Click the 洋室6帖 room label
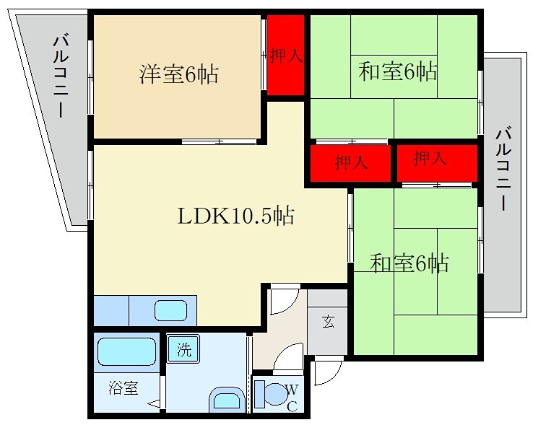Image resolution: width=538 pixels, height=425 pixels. pyautogui.click(x=179, y=74)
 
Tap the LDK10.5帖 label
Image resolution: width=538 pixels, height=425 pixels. pyautogui.click(x=235, y=216)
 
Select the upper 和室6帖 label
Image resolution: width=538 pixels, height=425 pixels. pyautogui.click(x=398, y=72)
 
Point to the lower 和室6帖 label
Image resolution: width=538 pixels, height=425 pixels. pyautogui.click(x=409, y=263)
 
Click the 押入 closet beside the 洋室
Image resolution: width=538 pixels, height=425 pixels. pyautogui.click(x=285, y=56)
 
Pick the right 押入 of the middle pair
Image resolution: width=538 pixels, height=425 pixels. pyautogui.click(x=431, y=159)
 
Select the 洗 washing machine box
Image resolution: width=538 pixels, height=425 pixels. pyautogui.click(x=183, y=351)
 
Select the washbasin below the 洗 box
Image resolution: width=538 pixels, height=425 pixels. pyautogui.click(x=227, y=399)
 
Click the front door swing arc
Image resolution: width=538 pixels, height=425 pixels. pyautogui.click(x=324, y=372)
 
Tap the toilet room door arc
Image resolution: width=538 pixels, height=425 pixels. pyautogui.click(x=288, y=356)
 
